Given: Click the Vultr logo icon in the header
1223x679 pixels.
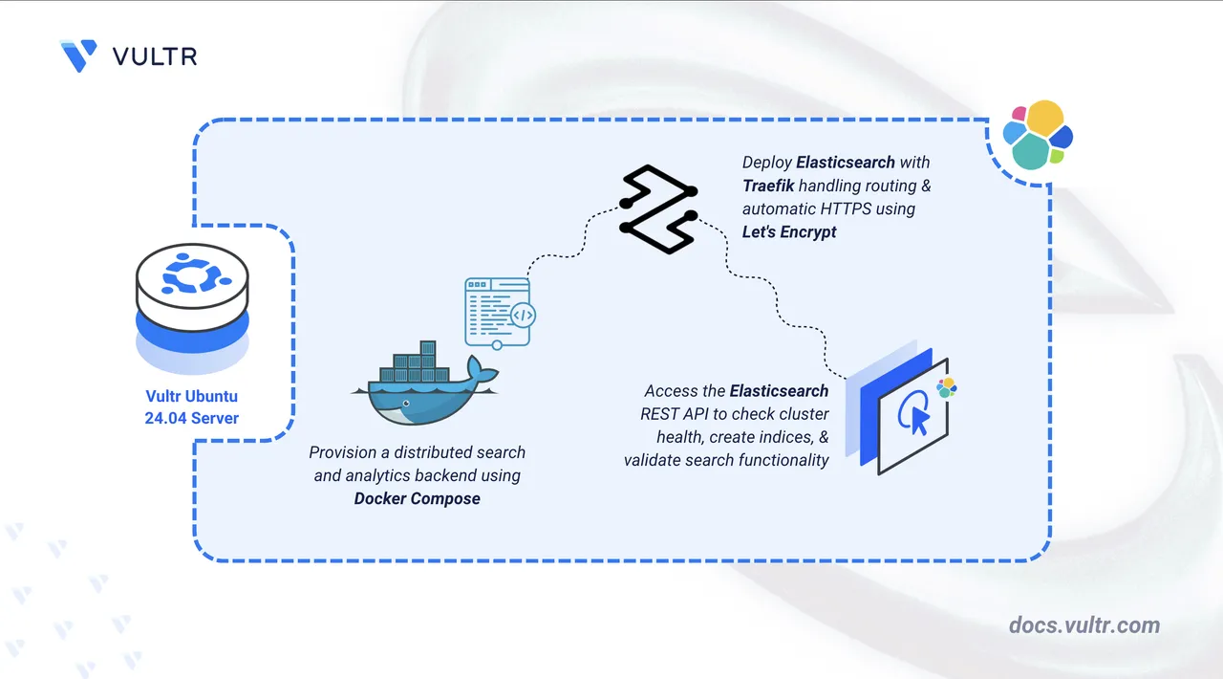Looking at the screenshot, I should click(77, 55).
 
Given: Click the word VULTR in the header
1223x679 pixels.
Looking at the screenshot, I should click(154, 56).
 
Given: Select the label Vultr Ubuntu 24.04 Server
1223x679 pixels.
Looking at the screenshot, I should click(192, 406).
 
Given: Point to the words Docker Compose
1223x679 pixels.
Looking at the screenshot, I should click(417, 498).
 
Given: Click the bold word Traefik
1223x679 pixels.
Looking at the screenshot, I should click(773, 185).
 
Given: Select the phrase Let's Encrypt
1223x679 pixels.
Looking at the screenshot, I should click(789, 231).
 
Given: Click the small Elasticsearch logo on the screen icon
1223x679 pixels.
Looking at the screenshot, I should click(946, 387).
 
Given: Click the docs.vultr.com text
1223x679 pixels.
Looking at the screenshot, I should click(1084, 625).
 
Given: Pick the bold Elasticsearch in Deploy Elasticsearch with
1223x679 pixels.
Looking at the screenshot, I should click(847, 162).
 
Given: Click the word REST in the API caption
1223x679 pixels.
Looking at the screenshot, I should click(659, 414).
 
